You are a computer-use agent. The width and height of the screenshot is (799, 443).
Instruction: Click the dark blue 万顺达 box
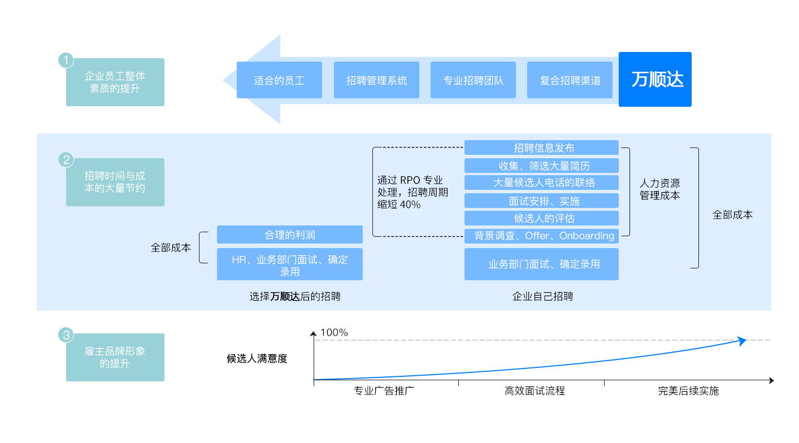click(x=655, y=79)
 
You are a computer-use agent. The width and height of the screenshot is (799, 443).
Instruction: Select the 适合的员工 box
click(x=279, y=80)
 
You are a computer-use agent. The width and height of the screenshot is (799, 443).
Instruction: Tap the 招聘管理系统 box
click(x=376, y=80)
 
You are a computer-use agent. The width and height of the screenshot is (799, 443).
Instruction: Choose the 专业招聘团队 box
click(x=473, y=80)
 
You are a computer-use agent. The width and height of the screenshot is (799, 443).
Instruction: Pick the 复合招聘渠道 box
click(x=570, y=80)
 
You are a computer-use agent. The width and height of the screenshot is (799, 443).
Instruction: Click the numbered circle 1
click(x=67, y=60)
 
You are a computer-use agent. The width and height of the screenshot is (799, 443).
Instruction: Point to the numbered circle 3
click(x=67, y=335)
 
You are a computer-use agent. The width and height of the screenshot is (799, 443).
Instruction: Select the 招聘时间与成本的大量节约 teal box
click(x=115, y=182)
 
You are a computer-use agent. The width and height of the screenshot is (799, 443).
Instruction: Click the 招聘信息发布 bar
click(x=541, y=148)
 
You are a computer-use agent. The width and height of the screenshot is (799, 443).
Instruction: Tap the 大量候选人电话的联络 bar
click(x=541, y=183)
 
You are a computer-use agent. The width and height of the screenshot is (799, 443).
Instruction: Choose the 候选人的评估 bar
click(x=541, y=218)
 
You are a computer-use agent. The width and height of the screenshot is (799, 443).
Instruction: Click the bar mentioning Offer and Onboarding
click(x=541, y=236)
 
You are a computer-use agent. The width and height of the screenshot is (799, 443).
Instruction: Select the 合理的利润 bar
click(x=289, y=234)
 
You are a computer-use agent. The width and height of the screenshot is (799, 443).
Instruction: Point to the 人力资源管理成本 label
click(x=659, y=189)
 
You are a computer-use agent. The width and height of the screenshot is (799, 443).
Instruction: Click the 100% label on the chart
click(x=334, y=332)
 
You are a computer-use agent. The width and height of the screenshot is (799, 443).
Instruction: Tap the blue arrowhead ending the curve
click(x=742, y=340)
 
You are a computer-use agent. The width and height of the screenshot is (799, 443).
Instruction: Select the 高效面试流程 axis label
click(x=535, y=391)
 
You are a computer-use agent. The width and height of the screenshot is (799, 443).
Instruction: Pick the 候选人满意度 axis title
click(x=257, y=358)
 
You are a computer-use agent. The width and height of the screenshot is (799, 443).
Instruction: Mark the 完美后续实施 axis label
click(x=688, y=391)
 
